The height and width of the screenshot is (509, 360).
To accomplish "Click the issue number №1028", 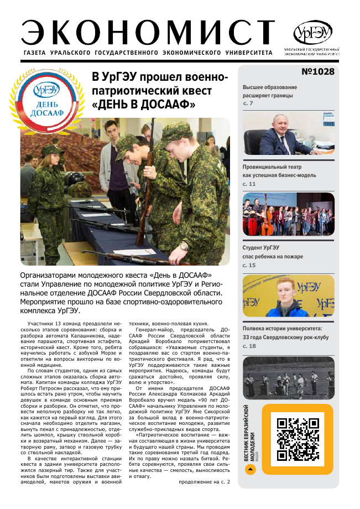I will tap(317, 72).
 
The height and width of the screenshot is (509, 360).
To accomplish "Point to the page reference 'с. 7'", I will tap(248, 103).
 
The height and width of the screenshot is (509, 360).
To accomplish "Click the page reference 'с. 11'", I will tap(249, 183).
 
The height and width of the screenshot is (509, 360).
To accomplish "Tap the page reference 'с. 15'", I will tap(249, 266).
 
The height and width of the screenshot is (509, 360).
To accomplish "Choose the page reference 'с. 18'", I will tap(249, 346).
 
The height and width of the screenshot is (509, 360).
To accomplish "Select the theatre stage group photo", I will tap(289, 214).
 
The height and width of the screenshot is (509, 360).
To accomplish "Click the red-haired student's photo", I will tap(289, 296).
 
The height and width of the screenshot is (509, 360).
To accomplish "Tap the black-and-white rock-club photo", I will tap(289, 378).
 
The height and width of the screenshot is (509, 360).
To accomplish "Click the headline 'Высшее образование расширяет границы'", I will tap(270, 91).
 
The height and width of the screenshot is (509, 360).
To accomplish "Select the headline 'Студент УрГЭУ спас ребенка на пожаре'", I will tap(268, 252).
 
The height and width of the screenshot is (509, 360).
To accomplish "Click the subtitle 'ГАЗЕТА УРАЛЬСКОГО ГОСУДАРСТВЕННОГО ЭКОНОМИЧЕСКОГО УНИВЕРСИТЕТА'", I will tap(148, 53).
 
